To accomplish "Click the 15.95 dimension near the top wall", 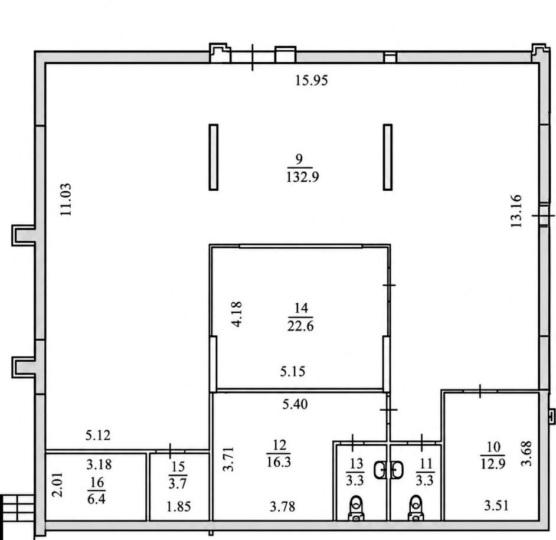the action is (x=312, y=80).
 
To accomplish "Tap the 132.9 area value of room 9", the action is (x=302, y=176).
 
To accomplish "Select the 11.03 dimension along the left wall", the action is (x=66, y=199).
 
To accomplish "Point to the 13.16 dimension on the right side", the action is (x=516, y=211).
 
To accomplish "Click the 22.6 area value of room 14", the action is (x=300, y=326).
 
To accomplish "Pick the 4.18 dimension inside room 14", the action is (x=236, y=314).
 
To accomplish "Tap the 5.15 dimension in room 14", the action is (x=293, y=371).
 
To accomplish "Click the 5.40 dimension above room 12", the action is (x=295, y=404).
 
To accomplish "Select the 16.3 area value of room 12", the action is (x=279, y=462).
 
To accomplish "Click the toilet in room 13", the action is (x=356, y=508).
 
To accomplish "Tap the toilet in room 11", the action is (x=416, y=508).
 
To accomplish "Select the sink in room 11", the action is (x=397, y=470).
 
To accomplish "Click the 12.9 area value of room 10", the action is (x=493, y=463).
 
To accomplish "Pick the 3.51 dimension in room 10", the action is (x=496, y=505).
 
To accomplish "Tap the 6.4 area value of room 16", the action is (x=96, y=499).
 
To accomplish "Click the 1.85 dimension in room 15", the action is (x=179, y=506).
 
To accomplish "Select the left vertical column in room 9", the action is (x=214, y=157).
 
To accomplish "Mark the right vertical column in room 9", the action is (x=388, y=157).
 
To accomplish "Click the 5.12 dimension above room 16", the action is (x=98, y=435).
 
